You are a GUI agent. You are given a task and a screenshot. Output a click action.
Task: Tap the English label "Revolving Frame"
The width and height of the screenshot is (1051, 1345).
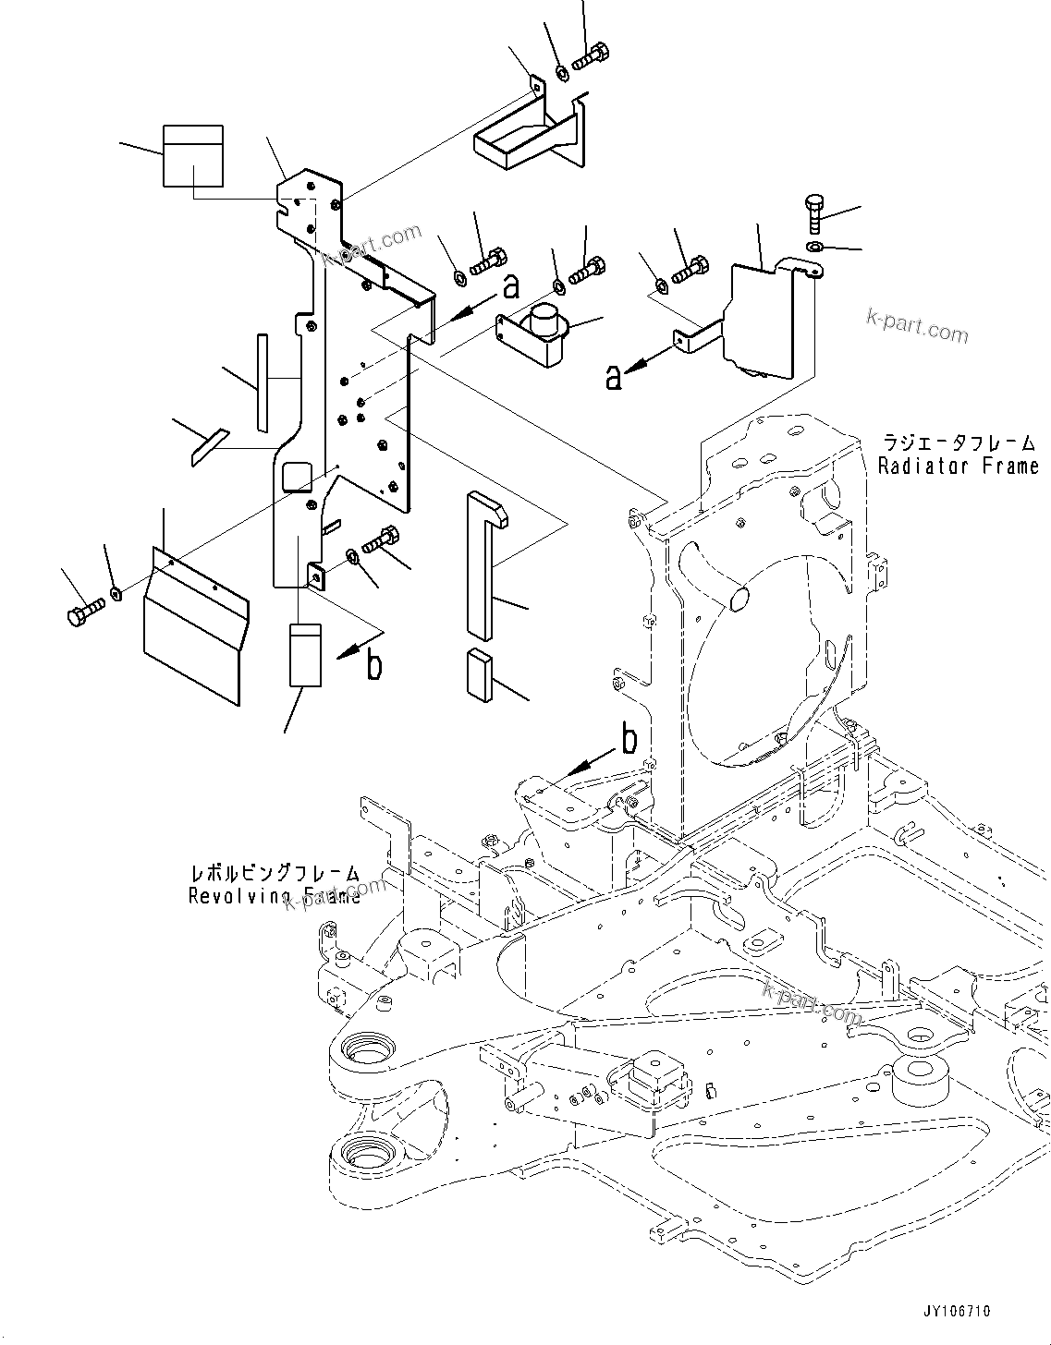pyautogui.click(x=275, y=895)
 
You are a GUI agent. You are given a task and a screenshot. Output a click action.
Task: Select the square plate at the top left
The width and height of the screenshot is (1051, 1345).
pyautogui.click(x=193, y=155)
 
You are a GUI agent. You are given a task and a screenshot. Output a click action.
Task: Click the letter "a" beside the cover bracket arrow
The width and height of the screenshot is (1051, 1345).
pyautogui.click(x=614, y=377)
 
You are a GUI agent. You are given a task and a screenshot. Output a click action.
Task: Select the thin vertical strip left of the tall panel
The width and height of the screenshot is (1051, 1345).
pyautogui.click(x=262, y=382)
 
